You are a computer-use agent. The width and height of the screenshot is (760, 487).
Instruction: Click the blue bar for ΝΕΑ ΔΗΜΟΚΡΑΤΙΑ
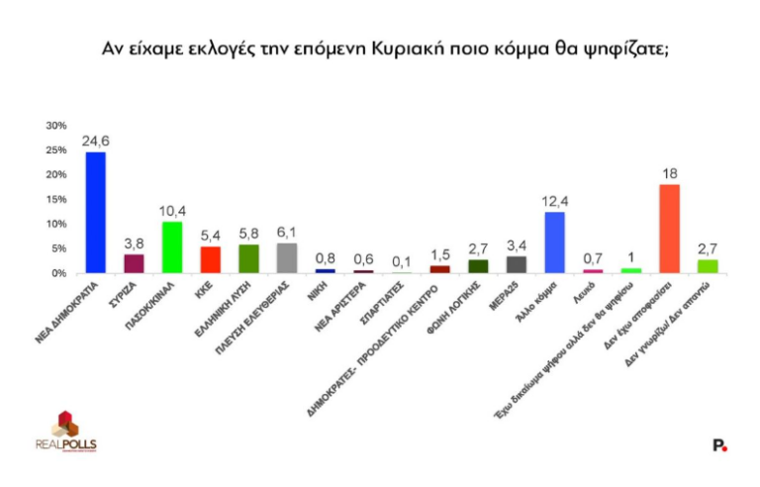(96, 212)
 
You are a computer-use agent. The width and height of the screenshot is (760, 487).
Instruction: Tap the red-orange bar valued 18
(669, 228)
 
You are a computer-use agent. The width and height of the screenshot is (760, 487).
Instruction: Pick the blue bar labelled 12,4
(554, 242)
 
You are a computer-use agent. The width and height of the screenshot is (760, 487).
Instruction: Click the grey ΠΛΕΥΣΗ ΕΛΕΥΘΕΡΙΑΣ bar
(286, 257)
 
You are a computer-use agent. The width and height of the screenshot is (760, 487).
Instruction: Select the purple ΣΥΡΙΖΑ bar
(134, 263)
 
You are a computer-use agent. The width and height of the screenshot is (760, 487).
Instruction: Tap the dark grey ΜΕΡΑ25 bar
(516, 263)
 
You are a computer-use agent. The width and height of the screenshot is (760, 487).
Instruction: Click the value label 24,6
(96, 143)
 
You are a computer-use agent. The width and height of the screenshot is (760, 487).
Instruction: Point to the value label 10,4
(172, 212)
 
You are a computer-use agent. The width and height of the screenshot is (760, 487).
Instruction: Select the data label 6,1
(286, 234)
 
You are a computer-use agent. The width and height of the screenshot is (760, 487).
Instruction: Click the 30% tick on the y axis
(56, 126)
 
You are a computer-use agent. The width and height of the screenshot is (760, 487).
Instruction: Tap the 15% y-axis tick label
(56, 199)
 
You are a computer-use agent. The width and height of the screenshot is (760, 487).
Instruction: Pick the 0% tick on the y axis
(59, 272)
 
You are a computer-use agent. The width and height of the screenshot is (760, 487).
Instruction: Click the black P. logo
(719, 446)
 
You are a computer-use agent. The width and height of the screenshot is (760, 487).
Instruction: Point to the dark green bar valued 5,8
(248, 258)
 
